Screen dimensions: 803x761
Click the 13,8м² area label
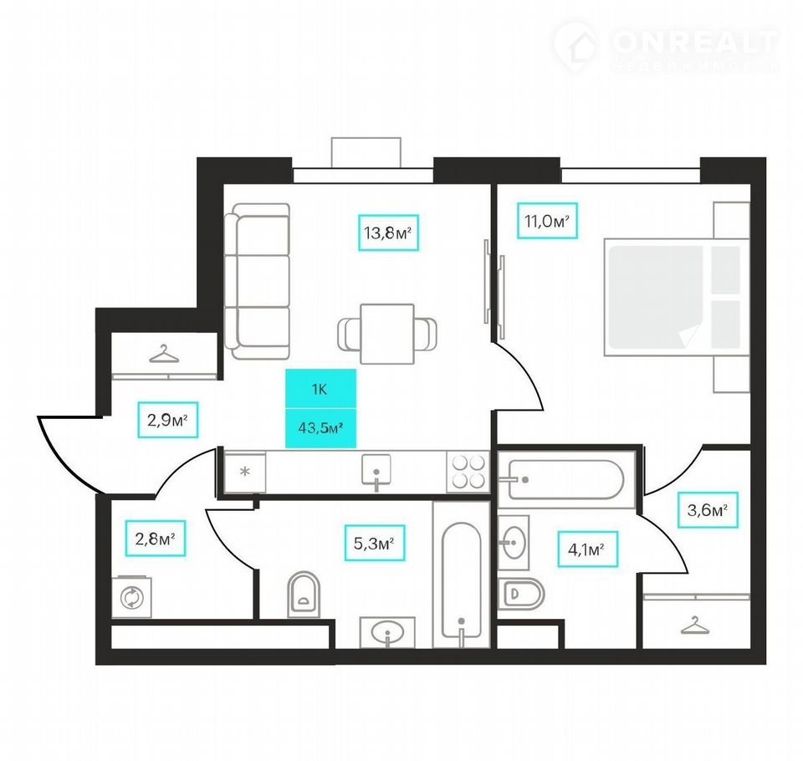388,232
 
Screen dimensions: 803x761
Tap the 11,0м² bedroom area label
547,221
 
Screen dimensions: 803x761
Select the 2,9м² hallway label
167,420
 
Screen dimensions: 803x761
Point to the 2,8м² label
156,539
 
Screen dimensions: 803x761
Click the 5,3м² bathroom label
375,543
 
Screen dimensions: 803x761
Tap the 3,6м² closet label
708,510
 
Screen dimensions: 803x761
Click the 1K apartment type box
320,389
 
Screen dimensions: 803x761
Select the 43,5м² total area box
320,428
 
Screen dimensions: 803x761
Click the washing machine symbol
131,597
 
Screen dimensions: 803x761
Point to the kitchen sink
376,471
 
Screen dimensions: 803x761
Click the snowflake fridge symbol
245,472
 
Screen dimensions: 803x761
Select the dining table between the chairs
387,334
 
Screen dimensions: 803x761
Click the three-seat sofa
258,281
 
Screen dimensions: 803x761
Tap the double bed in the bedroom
676,297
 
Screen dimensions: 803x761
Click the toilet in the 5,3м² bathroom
304,594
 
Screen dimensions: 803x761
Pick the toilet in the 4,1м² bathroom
521,594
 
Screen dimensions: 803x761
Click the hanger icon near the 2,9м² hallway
164,354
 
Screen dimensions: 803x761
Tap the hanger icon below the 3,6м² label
695,625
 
